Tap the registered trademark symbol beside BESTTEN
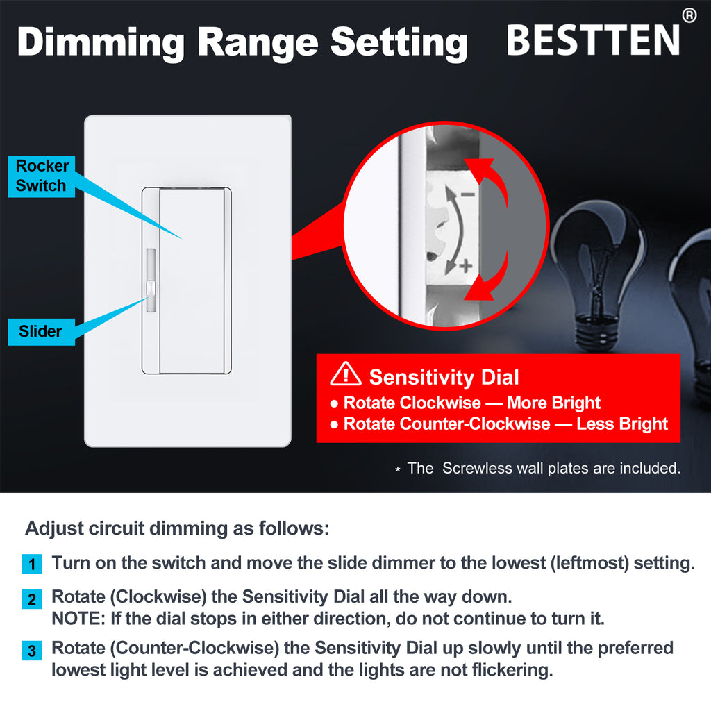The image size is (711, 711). pyautogui.click(x=689, y=15)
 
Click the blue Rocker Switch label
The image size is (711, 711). pyautogui.click(x=41, y=176)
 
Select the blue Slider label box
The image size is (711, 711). pyautogui.click(x=41, y=331)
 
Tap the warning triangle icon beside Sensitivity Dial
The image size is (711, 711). pyautogui.click(x=346, y=374)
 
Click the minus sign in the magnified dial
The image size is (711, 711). pyautogui.click(x=468, y=194)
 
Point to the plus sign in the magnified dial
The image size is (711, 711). pyautogui.click(x=466, y=266)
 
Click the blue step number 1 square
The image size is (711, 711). pyautogui.click(x=32, y=564)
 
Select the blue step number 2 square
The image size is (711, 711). pyautogui.click(x=32, y=599)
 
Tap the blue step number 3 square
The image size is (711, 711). pyautogui.click(x=32, y=651)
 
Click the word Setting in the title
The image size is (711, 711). pyautogui.click(x=399, y=43)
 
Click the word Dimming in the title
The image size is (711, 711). pyautogui.click(x=101, y=43)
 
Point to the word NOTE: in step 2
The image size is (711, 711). pyautogui.click(x=78, y=619)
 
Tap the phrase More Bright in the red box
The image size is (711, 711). pyautogui.click(x=553, y=403)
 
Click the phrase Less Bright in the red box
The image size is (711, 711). pyautogui.click(x=621, y=424)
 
